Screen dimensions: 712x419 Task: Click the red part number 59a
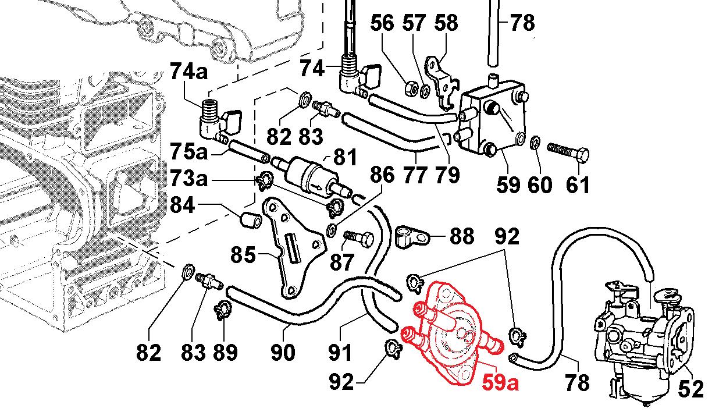pyautogui.click(x=500, y=383)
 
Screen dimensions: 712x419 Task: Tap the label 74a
pyautogui.click(x=189, y=71)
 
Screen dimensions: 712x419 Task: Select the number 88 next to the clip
pyautogui.click(x=461, y=236)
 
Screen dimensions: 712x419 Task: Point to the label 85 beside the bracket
pyautogui.click(x=243, y=255)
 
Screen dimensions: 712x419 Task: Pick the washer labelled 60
pyautogui.click(x=535, y=143)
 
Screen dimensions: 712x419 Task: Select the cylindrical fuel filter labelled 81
pyautogui.click(x=312, y=175)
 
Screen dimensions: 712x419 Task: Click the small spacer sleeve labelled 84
pyautogui.click(x=251, y=220)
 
